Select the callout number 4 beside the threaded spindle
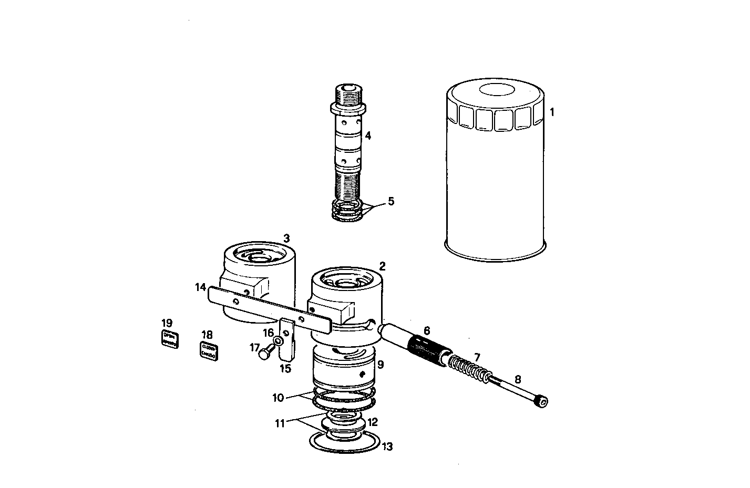click(368, 136)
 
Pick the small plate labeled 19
click(169, 339)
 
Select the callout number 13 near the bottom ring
click(387, 447)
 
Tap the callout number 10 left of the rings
click(278, 398)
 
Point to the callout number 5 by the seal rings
click(391, 201)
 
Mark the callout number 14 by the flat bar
click(200, 287)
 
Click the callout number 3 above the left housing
click(286, 238)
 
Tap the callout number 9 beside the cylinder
click(381, 364)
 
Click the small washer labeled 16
click(279, 342)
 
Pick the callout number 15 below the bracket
click(285, 368)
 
